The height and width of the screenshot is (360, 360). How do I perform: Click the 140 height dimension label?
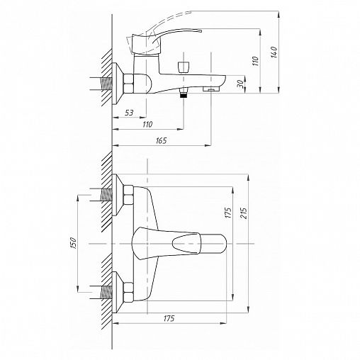point(274,52)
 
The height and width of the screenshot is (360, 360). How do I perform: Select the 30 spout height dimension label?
point(240,84)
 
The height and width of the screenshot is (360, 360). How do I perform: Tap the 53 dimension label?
point(129,113)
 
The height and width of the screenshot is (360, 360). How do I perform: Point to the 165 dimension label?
point(161,141)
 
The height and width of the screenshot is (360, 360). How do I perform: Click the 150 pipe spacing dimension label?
point(74,243)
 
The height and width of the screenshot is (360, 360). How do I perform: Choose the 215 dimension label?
point(244,213)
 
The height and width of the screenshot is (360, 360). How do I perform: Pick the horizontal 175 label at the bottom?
point(169,318)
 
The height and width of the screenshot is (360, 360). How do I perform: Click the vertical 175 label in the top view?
point(228,213)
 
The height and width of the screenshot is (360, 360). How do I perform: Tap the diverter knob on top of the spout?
point(184,67)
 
